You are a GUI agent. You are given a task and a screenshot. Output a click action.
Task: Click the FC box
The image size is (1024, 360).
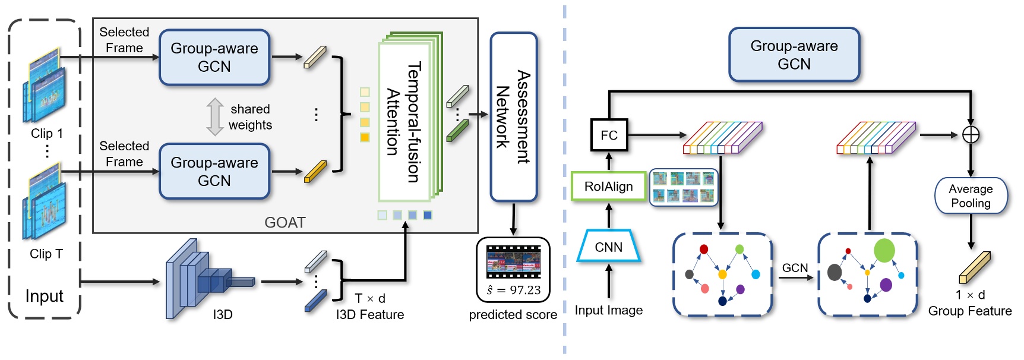click(609, 135)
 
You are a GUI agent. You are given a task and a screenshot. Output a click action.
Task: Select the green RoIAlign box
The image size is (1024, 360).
click(609, 187)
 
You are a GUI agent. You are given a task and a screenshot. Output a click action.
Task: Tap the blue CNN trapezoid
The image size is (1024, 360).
click(609, 247)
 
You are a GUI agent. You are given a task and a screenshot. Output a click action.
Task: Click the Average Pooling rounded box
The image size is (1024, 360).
click(971, 196)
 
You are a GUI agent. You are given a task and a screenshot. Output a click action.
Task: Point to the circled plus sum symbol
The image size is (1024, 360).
click(971, 135)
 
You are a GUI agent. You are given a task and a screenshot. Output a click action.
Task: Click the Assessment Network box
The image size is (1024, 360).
click(514, 117)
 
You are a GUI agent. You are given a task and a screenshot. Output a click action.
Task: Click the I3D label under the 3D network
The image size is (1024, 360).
click(223, 315)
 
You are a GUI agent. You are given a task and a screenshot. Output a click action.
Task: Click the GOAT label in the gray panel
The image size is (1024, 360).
click(285, 222)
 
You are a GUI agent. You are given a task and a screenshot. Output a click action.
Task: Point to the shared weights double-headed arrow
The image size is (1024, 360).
click(214, 116)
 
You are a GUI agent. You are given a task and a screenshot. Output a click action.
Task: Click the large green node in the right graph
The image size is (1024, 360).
click(884, 250)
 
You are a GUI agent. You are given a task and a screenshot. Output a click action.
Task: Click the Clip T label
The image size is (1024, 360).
click(46, 254)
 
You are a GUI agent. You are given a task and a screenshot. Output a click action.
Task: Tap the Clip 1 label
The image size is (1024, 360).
click(46, 133)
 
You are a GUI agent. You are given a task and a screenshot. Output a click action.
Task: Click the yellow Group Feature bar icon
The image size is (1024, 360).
click(975, 267)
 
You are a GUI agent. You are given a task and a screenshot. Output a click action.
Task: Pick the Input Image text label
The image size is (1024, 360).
click(609, 310)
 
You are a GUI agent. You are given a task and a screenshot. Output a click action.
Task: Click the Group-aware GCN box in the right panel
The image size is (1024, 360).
click(794, 55)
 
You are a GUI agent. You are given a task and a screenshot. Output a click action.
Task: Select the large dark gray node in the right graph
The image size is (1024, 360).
click(835, 272)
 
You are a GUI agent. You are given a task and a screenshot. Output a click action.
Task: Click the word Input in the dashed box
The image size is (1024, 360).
click(44, 295)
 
